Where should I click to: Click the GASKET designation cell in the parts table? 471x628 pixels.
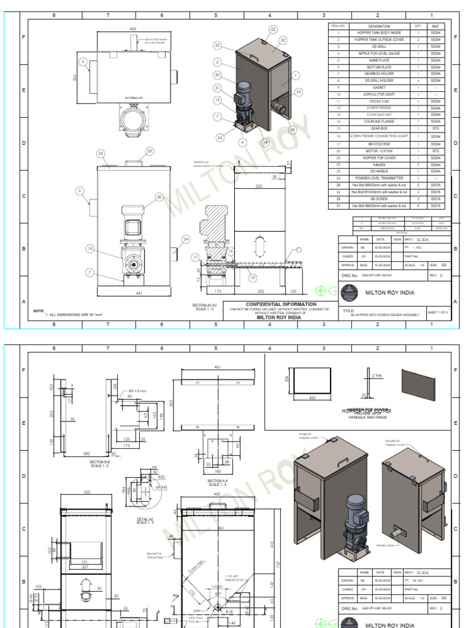[379, 88]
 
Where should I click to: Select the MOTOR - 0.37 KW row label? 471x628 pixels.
[379, 150]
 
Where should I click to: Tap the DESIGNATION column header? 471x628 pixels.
[379, 26]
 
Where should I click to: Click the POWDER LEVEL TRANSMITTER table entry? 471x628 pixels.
[379, 178]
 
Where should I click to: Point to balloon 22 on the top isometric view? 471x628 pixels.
[273, 29]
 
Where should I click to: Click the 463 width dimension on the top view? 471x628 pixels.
[132, 29]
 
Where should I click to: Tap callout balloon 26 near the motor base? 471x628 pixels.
[220, 137]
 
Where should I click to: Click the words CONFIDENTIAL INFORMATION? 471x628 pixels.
[281, 304]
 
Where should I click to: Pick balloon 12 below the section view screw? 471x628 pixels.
[253, 278]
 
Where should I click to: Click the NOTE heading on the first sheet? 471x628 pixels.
[39, 311]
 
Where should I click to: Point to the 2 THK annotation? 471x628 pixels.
[377, 375]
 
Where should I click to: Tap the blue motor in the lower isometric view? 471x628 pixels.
[355, 509]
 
